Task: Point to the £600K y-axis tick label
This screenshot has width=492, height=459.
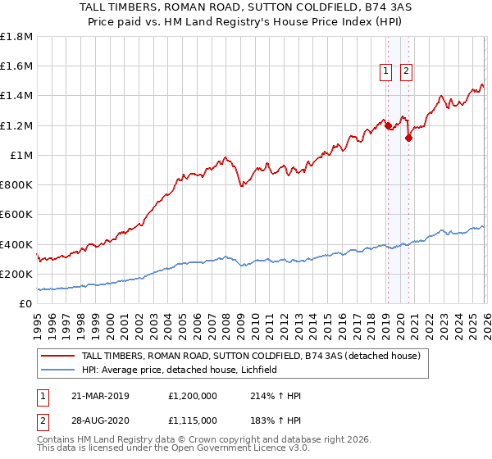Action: click(16, 215)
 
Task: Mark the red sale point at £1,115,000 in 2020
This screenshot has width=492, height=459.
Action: click(408, 138)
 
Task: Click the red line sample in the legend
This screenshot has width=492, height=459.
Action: click(57, 355)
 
